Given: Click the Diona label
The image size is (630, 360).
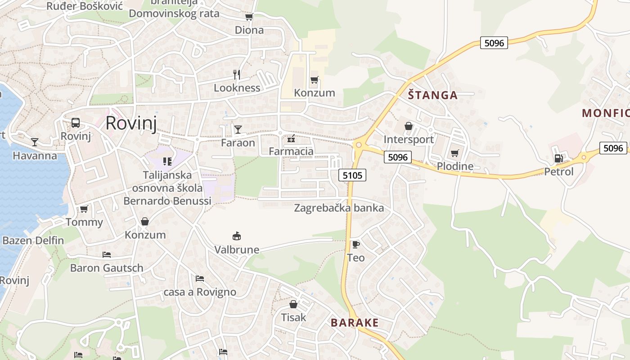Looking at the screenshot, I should pyautogui.click(x=249, y=30).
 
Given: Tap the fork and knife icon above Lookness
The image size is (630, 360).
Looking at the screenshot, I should pyautogui.click(x=237, y=74).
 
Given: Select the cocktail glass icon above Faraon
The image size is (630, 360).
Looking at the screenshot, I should pyautogui.click(x=238, y=130).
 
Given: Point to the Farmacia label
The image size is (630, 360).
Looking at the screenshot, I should pyautogui.click(x=291, y=151).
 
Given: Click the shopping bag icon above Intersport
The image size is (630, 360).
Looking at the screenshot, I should pyautogui.click(x=409, y=126).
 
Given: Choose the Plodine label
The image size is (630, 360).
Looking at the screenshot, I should pyautogui.click(x=455, y=166).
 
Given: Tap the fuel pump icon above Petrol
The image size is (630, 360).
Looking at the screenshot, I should pyautogui.click(x=558, y=158).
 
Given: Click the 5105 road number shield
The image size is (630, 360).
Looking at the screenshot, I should pyautogui.click(x=352, y=175).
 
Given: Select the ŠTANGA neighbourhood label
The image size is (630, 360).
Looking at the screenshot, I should pyautogui.click(x=432, y=95).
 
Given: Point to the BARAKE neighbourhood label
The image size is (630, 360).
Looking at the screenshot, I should pyautogui.click(x=355, y=323).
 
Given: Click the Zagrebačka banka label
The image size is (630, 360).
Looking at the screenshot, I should pyautogui.click(x=339, y=208).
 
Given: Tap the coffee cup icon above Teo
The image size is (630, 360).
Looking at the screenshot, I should pyautogui.click(x=355, y=244).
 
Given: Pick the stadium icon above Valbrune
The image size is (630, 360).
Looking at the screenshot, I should pyautogui.click(x=237, y=236).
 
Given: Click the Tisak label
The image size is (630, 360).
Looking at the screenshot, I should pyautogui.click(x=293, y=317).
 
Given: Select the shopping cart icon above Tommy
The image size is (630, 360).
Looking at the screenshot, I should pyautogui.click(x=84, y=209).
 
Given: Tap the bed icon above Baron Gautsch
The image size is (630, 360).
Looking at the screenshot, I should pyautogui.click(x=107, y=255).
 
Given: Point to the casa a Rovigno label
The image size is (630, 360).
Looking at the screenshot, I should pyautogui.click(x=200, y=292).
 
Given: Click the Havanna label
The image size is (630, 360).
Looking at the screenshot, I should pyautogui.click(x=35, y=156).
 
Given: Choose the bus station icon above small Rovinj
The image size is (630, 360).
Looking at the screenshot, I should pyautogui.click(x=76, y=123).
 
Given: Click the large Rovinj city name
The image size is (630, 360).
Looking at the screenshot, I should pyautogui.click(x=131, y=123).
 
